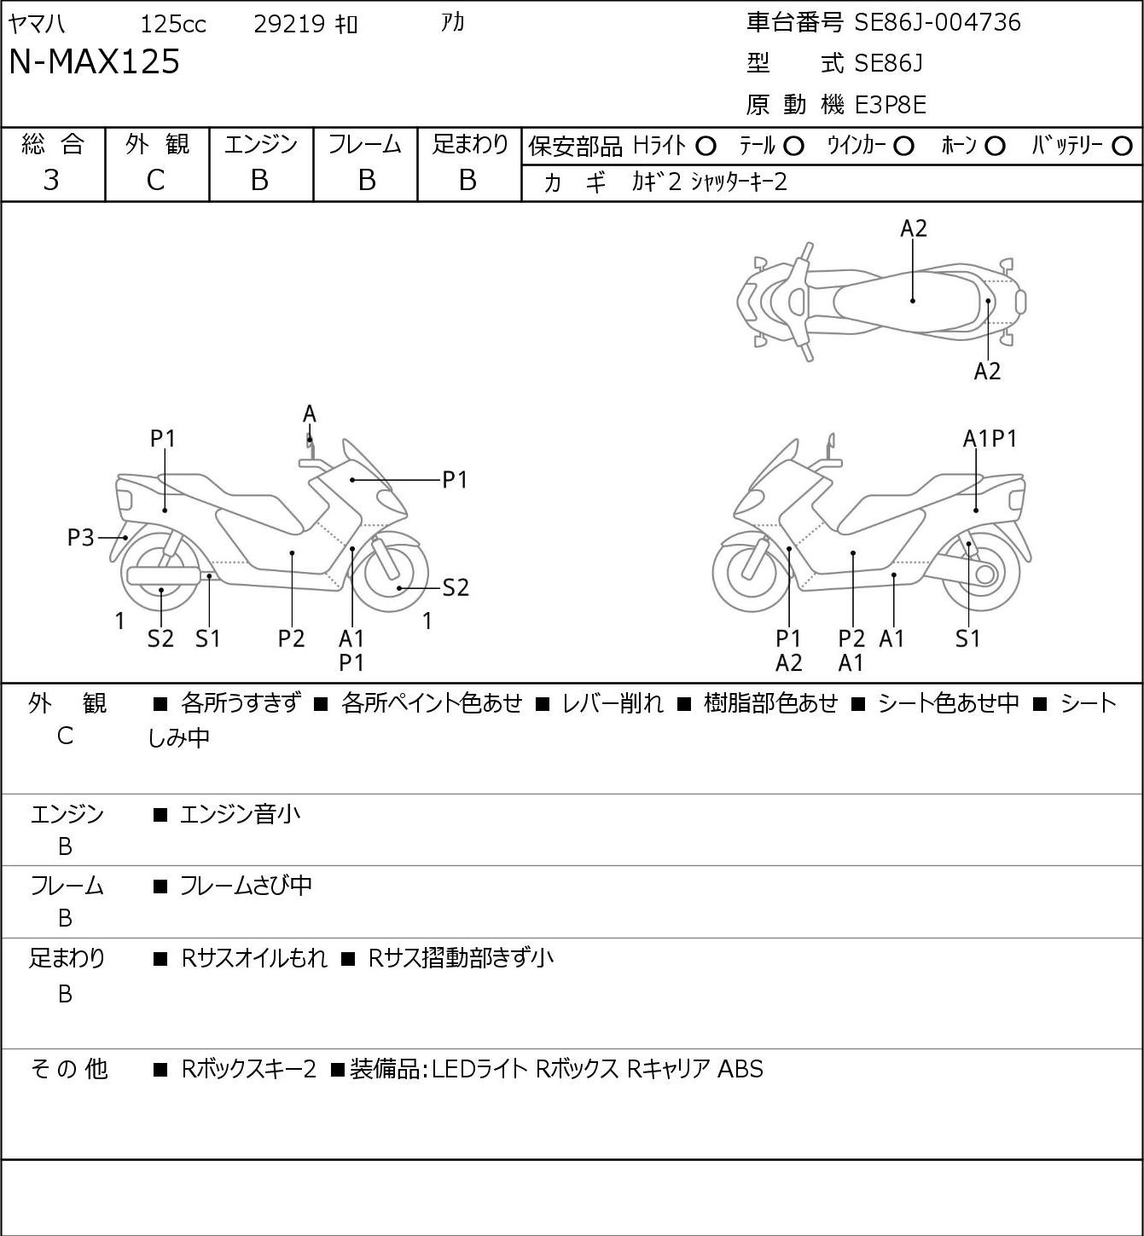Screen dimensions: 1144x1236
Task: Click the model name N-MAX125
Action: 94,61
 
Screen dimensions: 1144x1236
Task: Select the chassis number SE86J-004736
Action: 938,22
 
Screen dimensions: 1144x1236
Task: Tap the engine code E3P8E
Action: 891,105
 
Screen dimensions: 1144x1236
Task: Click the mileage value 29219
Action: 289,24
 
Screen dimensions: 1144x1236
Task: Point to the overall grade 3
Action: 51,180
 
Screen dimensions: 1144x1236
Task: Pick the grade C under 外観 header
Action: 155,180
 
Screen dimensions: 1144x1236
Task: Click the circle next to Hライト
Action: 706,147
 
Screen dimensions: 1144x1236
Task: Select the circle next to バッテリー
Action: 1122,147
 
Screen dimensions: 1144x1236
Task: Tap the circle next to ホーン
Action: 995,147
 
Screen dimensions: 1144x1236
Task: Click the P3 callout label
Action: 80,538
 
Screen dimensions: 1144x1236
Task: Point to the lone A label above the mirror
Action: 310,414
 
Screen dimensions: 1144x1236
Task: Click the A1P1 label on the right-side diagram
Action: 990,439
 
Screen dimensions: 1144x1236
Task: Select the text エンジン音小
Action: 240,814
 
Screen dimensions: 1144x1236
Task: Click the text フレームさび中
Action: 246,885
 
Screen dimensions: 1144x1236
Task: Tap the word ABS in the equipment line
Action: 740,1069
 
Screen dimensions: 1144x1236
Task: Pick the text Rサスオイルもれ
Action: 254,958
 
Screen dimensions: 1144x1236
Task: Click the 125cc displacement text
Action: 172,24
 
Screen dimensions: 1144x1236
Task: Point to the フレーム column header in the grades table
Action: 365,144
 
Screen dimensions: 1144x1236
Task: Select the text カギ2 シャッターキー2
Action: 710,182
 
